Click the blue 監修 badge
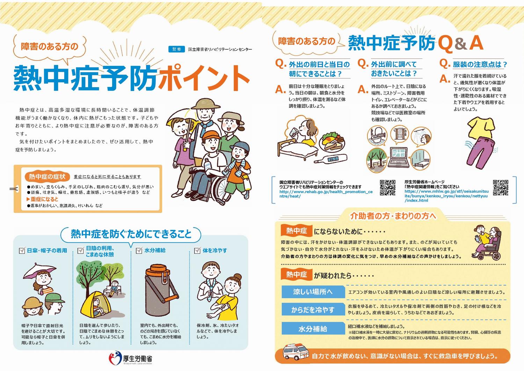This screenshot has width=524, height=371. click(x=176, y=49)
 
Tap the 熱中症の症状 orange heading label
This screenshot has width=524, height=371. click(x=47, y=176)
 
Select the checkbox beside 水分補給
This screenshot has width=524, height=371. click(x=139, y=251)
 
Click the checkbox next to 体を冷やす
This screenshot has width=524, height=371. click(x=197, y=251)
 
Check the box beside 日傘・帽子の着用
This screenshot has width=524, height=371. click(x=22, y=251)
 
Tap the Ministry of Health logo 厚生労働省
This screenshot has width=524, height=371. click(x=131, y=359)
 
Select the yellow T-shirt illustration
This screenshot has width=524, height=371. click(x=481, y=128)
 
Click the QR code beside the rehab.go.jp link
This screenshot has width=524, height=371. click(x=387, y=188)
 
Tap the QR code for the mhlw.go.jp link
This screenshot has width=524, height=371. click(x=500, y=188)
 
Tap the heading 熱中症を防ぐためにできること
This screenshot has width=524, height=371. click(x=131, y=234)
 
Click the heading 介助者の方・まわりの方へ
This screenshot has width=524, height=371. click(x=393, y=216)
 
